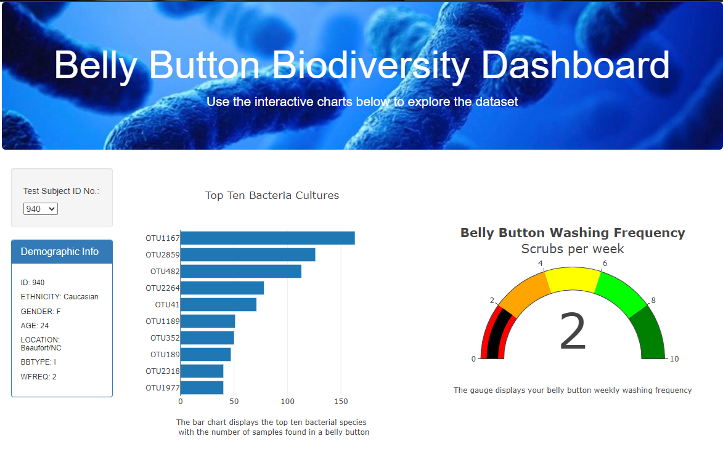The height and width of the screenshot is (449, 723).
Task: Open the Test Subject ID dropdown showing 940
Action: [x=41, y=209]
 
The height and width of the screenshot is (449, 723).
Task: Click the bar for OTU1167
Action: [x=267, y=238]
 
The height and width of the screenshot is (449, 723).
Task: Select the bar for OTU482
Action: [x=240, y=271]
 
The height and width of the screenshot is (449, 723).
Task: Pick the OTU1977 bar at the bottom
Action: [x=202, y=387]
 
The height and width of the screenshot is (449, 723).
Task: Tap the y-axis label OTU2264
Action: [x=162, y=288]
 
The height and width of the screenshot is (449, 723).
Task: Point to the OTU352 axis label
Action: [x=165, y=338]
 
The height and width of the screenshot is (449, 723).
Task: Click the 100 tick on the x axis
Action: [x=287, y=402]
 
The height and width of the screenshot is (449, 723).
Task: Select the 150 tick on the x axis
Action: [x=341, y=402]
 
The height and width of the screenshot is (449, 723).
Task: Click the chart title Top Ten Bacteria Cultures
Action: [x=272, y=195]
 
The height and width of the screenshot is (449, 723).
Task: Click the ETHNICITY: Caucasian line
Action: [x=59, y=297]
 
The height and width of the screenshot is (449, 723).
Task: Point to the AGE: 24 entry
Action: [x=35, y=326]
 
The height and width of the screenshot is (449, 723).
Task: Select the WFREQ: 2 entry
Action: [x=38, y=376]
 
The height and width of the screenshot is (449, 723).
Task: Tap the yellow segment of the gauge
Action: [x=573, y=278]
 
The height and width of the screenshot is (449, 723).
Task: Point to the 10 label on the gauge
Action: [x=674, y=359]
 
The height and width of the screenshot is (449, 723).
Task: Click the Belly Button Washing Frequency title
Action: [x=573, y=233]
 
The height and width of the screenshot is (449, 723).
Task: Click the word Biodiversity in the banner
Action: [x=370, y=65]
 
